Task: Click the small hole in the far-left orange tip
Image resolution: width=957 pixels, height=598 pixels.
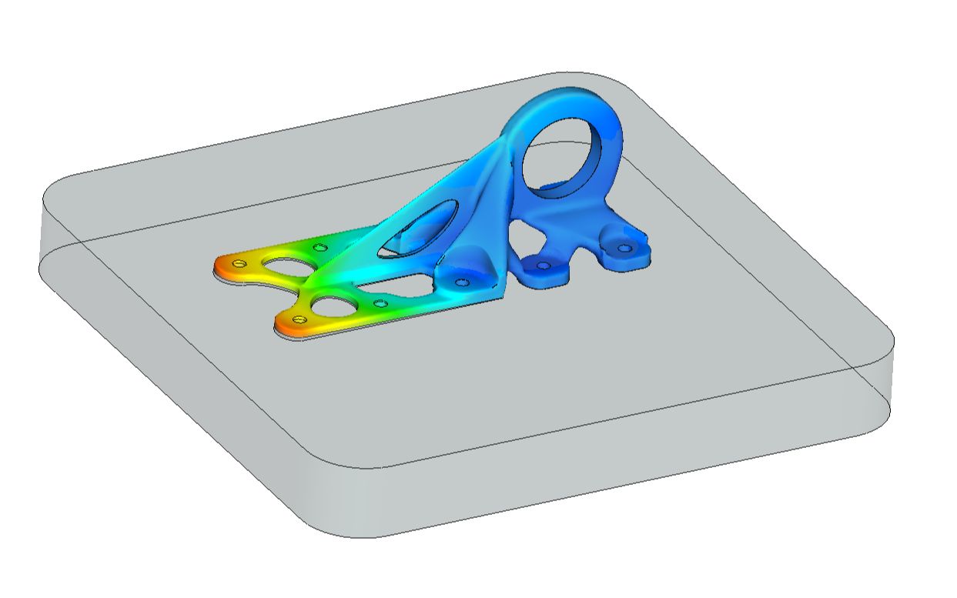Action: point(239,264)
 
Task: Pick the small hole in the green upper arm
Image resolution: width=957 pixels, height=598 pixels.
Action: point(320,248)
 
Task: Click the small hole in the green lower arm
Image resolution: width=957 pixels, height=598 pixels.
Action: point(379,304)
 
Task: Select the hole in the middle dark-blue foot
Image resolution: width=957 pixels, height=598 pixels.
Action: point(544,266)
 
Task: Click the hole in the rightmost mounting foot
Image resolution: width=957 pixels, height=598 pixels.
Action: point(624,249)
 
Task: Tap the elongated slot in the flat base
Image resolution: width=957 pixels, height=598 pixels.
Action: point(400,285)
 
